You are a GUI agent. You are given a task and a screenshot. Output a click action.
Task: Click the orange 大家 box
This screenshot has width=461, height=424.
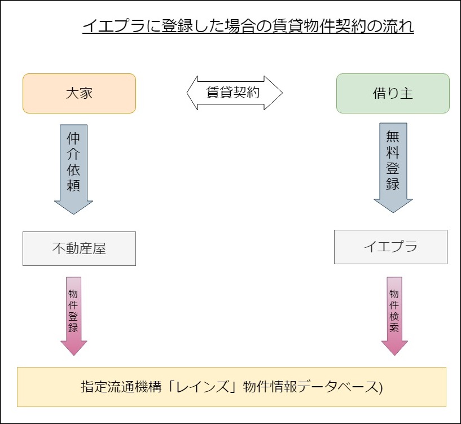79,93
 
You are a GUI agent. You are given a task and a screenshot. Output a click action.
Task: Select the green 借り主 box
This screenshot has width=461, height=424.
393,93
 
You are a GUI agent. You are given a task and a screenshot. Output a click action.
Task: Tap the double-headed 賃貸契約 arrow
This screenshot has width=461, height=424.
234,93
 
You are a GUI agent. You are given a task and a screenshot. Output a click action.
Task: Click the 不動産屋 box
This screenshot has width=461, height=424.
79,248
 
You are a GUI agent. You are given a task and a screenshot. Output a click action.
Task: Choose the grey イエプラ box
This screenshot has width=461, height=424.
390,247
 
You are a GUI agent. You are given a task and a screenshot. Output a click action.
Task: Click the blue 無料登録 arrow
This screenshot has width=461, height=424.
393,164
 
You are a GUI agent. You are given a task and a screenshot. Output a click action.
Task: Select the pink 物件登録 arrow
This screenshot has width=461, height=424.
73,313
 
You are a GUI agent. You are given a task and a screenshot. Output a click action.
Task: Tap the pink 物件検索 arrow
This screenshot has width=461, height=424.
394,313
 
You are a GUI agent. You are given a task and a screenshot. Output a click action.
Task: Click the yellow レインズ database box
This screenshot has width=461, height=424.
231,387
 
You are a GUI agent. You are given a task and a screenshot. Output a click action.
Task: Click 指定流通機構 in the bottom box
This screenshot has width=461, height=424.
113,387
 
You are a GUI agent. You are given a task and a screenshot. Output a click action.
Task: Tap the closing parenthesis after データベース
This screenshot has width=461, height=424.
381,388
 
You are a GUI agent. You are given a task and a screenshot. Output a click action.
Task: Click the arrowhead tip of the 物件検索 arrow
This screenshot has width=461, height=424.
394,353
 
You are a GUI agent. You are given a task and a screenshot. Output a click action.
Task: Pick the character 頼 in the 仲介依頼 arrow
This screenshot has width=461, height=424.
73,186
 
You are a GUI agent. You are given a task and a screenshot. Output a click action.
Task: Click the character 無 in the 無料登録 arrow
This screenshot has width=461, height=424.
393,136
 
